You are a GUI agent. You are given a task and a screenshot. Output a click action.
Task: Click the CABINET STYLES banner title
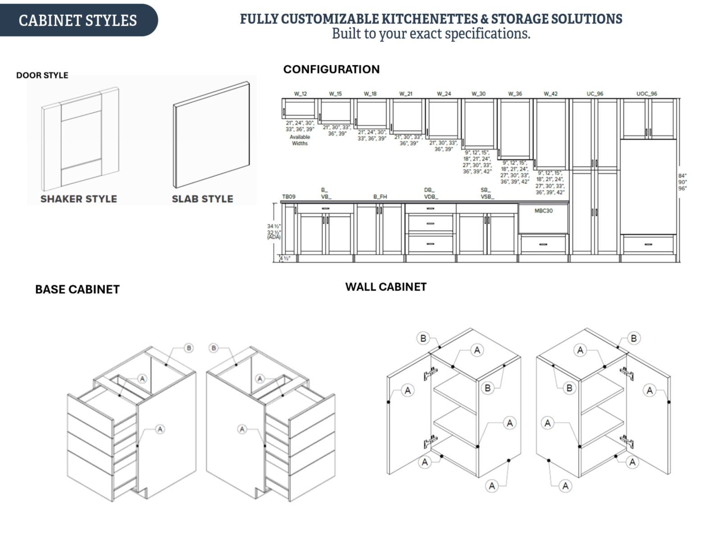pyautogui.click(x=77, y=20)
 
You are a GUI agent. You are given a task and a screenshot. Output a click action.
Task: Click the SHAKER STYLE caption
pyautogui.click(x=79, y=199)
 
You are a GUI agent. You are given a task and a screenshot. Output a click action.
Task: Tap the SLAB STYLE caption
pyautogui.click(x=202, y=199)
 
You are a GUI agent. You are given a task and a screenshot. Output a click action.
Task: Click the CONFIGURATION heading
pyautogui.click(x=331, y=69)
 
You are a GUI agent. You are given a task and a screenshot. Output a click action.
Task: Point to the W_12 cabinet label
pyautogui.click(x=300, y=94)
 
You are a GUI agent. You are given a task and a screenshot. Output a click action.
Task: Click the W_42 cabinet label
pyautogui.click(x=550, y=94)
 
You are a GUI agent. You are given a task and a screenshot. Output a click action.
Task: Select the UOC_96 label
pyautogui.click(x=646, y=94)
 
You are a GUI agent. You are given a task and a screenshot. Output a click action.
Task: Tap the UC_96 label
pyautogui.click(x=595, y=94)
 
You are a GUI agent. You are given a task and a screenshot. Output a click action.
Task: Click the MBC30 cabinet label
pyautogui.click(x=543, y=211)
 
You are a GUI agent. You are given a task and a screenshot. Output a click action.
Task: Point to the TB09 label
pyautogui.click(x=289, y=197)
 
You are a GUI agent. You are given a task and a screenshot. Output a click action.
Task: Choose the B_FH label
pyautogui.click(x=380, y=197)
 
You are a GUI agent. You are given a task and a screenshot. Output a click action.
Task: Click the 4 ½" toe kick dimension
pyautogui.click(x=285, y=258)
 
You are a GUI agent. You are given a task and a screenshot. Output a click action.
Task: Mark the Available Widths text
pyautogui.click(x=300, y=140)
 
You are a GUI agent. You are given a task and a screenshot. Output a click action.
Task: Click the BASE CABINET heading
pyautogui.click(x=77, y=289)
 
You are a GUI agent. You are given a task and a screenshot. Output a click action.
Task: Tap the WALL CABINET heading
pyautogui.click(x=386, y=287)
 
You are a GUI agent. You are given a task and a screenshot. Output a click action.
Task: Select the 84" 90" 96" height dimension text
pyautogui.click(x=683, y=182)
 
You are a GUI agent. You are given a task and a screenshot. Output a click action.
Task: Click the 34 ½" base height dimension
pyautogui.click(x=273, y=226)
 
